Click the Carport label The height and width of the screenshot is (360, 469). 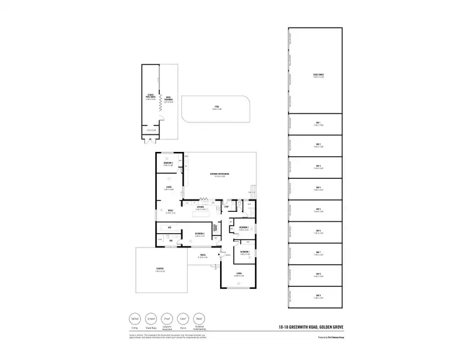tap(159, 269)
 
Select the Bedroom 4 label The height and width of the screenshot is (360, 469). tap(168, 163)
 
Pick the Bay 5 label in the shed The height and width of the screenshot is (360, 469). tap(318, 209)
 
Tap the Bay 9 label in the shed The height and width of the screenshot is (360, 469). tap(318, 296)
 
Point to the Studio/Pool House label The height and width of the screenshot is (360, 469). tap(150, 97)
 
